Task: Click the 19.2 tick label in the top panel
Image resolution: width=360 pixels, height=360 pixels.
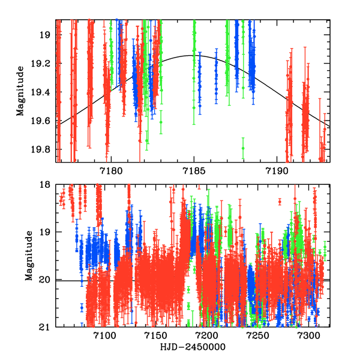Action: coord(44,64)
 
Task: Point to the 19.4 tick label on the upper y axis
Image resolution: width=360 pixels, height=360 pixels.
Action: coord(44,92)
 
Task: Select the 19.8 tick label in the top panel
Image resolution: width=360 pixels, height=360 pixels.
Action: coord(44,149)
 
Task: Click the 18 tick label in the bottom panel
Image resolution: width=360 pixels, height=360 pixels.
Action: coord(47,185)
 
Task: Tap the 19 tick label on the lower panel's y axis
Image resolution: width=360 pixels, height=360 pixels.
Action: coord(47,232)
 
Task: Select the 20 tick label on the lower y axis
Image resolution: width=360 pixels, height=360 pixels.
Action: coord(47,280)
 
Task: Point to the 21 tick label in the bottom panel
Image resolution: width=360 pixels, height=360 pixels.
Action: coord(47,327)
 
